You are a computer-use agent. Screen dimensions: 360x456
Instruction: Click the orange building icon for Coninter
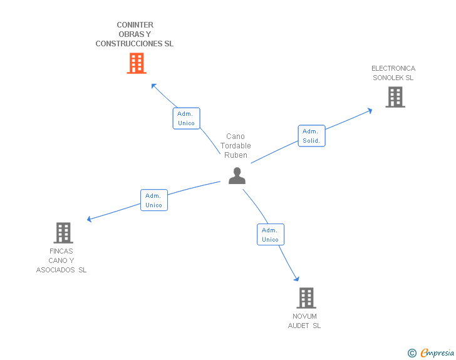tap(137, 63)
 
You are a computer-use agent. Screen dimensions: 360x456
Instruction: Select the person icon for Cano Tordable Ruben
tap(237, 176)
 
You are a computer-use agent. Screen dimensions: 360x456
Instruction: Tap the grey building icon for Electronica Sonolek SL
tap(395, 97)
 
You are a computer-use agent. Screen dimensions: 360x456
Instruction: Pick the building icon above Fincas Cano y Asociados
tap(63, 233)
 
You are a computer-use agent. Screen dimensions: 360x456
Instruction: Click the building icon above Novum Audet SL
tap(306, 298)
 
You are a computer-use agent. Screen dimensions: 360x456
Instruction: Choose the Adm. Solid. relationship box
tap(311, 136)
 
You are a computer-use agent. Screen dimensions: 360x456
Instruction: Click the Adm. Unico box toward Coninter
tap(186, 118)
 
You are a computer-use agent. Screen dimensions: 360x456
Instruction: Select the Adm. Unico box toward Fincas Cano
tap(153, 200)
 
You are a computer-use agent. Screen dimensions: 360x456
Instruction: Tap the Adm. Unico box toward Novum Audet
tap(271, 235)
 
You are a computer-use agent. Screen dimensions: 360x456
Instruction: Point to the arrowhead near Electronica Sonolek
tap(370, 110)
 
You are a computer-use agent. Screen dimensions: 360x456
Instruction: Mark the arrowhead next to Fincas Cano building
tap(90, 219)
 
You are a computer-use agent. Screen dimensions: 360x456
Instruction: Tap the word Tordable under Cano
tap(236, 146)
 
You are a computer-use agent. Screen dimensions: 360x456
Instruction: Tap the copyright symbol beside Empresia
tap(412, 353)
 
